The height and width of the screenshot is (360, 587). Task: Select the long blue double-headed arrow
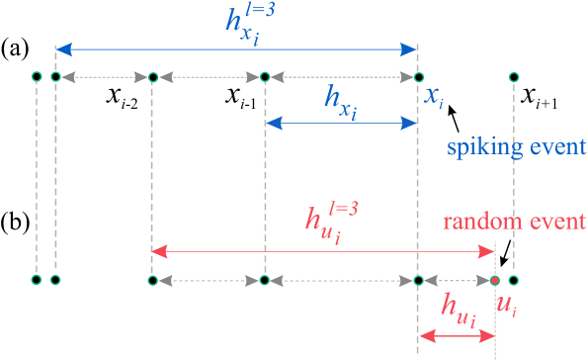pos(237,47)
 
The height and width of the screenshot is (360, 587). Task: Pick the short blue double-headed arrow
pos(342,123)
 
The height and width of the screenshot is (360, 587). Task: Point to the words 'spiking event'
pos(517,147)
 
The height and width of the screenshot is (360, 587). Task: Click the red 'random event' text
pos(514,220)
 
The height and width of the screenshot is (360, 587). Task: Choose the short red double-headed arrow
pos(456,337)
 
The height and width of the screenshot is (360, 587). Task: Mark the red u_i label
pos(505,308)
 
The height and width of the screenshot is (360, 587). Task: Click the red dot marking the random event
pos(494,280)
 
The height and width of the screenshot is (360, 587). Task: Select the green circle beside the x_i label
pos(418,77)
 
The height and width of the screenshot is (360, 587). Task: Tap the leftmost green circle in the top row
pos(37,76)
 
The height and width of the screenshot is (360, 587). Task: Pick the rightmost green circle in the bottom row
pos(513,280)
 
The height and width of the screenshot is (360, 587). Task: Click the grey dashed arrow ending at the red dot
pos(456,280)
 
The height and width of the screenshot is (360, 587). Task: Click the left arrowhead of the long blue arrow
pos(61,47)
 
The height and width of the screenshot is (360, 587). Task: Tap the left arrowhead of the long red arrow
pos(158,252)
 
